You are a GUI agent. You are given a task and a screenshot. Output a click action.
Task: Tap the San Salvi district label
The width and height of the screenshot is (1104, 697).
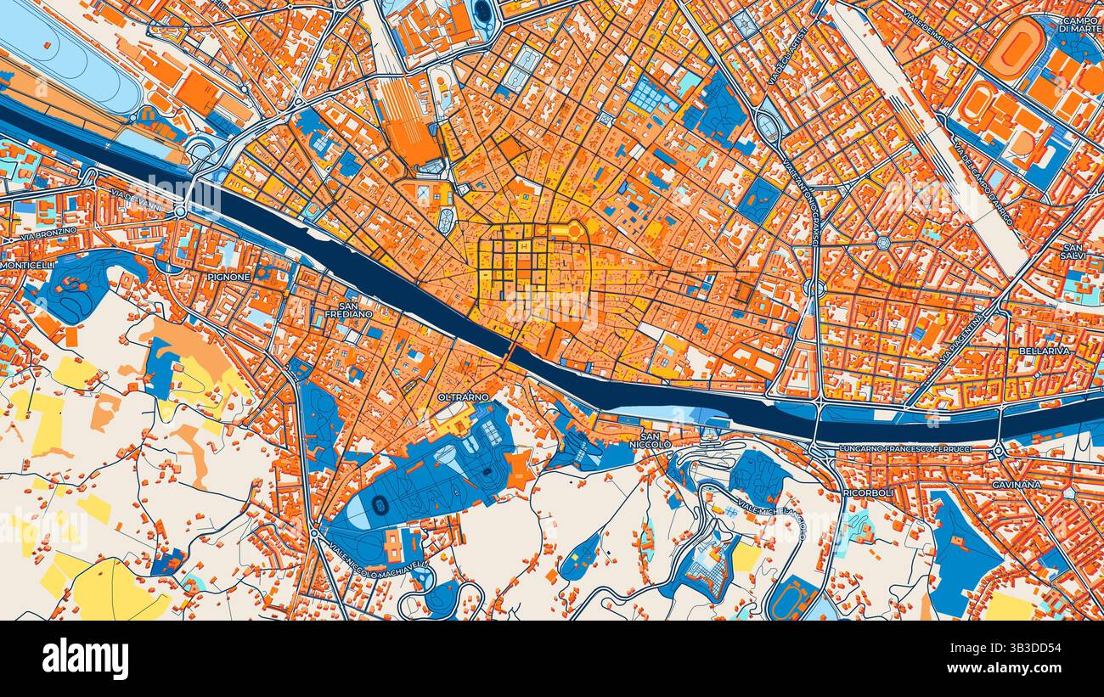[x=1074, y=250]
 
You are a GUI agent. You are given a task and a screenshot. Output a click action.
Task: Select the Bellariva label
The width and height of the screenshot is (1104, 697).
[x=1045, y=350]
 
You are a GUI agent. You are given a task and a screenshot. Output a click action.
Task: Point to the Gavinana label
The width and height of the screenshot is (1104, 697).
[x=1017, y=484]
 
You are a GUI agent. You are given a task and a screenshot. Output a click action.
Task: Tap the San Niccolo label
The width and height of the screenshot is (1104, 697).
[x=656, y=440]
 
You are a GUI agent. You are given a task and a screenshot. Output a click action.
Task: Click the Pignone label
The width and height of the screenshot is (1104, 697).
[x=228, y=277]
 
